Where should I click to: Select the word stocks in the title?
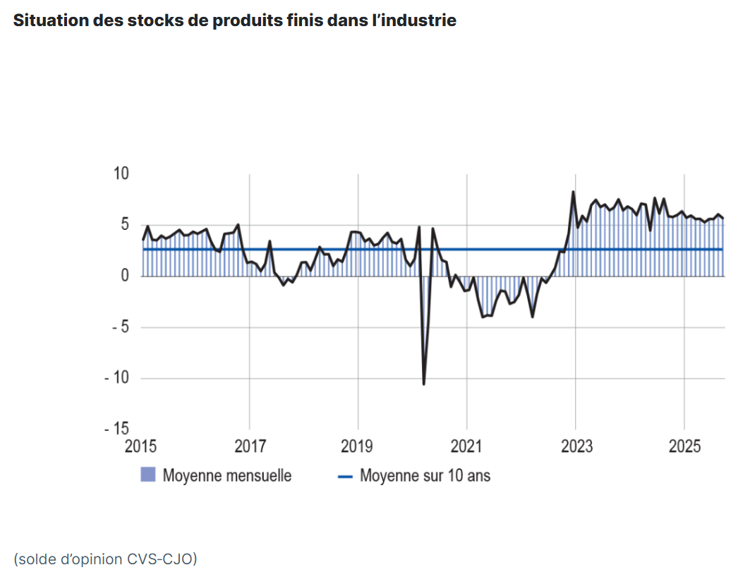[152, 20]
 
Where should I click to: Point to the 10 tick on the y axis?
[121, 174]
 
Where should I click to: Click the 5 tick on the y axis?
[125, 225]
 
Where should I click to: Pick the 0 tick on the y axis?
[125, 276]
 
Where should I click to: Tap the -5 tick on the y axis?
[117, 327]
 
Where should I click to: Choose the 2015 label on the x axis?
[142, 447]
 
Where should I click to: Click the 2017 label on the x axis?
[250, 447]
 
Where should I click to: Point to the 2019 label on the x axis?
[358, 447]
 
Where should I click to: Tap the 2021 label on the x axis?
[467, 447]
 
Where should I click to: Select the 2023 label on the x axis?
[576, 447]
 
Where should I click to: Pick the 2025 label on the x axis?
[684, 447]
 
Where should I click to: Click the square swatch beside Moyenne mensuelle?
[147, 475]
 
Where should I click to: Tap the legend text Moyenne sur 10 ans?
[425, 475]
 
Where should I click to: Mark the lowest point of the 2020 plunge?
[423, 384]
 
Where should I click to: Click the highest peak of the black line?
[573, 192]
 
